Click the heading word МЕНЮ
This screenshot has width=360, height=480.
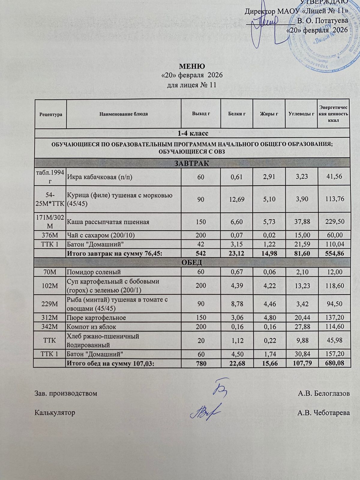coord(192,66)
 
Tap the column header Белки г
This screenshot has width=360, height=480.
coord(237,114)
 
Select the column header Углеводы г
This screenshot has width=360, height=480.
coord(301,114)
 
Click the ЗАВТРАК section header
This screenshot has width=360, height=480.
coord(192,163)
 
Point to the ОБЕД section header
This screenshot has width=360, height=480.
coord(192,262)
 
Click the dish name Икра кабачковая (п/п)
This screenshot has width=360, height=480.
coord(100,177)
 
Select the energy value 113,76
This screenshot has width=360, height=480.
coord(334,199)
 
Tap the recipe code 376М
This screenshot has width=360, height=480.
coord(50,235)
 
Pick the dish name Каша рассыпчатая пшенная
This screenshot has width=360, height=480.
coord(108,222)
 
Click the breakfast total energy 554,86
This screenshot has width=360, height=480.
coord(334,253)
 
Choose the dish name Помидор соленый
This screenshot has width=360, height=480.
coord(94,272)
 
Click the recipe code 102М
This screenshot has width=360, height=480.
coord(50,286)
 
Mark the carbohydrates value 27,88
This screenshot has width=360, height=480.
coord(301,326)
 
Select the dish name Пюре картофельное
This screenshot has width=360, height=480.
coord(96,317)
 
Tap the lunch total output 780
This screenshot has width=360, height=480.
coord(201,364)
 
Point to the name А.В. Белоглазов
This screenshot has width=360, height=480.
coord(324,393)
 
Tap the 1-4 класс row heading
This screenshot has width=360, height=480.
coord(192,133)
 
